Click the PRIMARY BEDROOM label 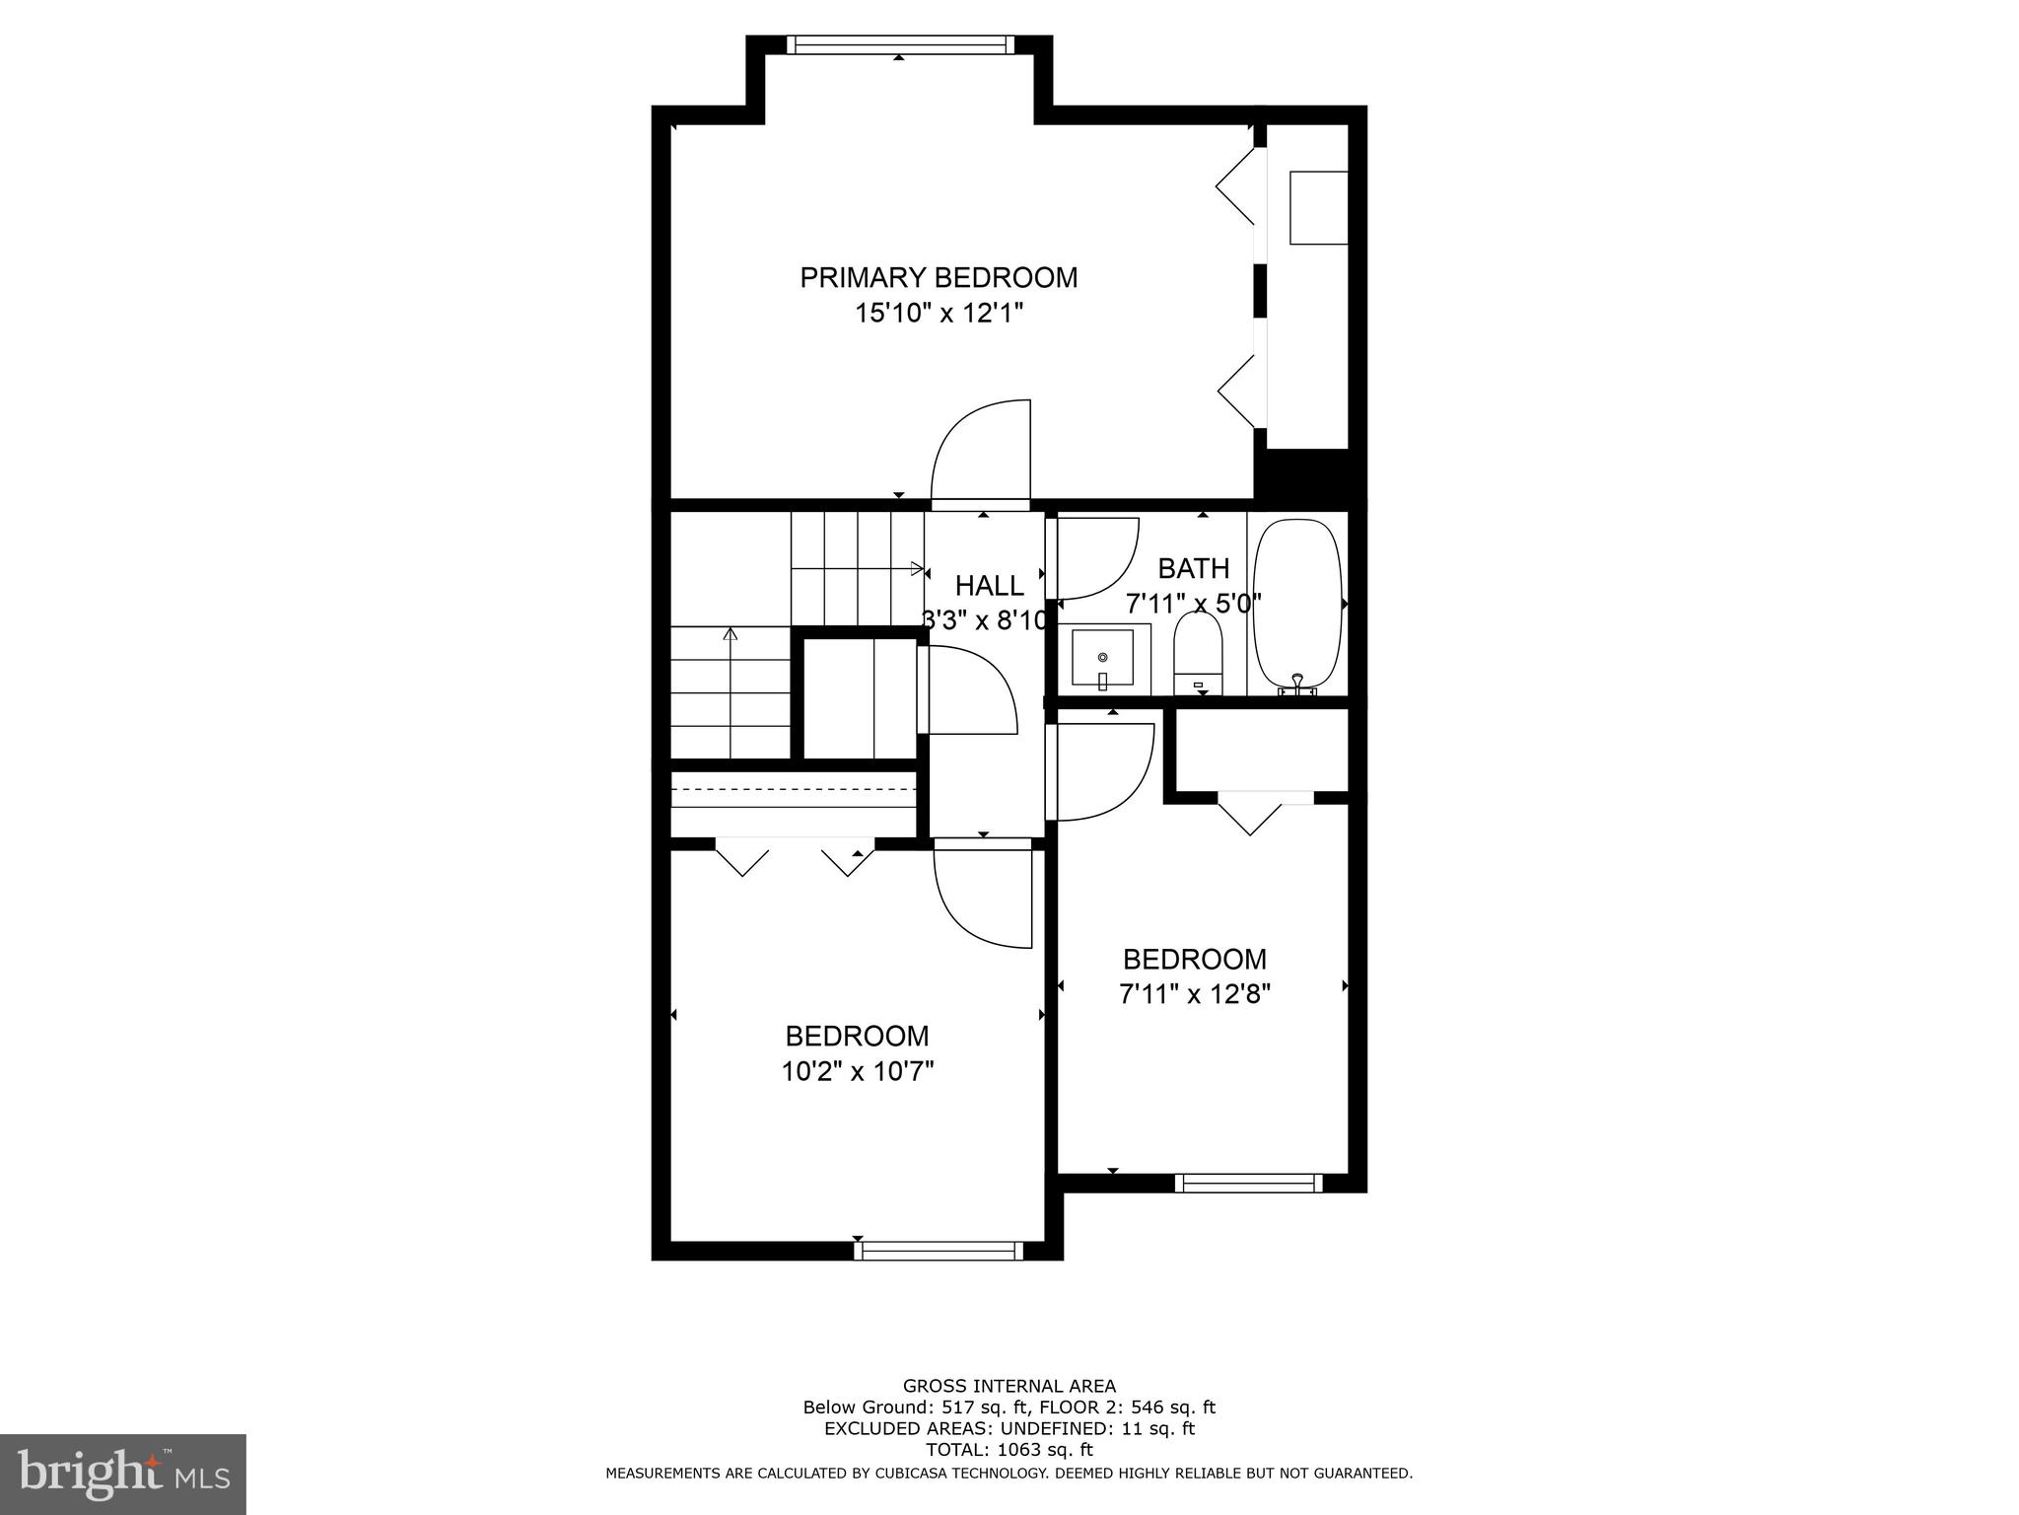(938, 277)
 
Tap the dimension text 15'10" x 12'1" (938, 314)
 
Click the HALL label (989, 586)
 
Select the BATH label (1193, 568)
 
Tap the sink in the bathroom (1102, 659)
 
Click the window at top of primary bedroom (899, 44)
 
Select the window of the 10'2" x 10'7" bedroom (938, 1251)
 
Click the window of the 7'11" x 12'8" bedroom (1249, 1183)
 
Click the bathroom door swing (1094, 558)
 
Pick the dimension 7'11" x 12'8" (1194, 994)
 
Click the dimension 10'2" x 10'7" (857, 1071)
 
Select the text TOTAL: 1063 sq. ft (1009, 1450)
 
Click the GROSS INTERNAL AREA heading (1009, 1386)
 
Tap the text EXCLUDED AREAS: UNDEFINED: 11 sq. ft (1009, 1428)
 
